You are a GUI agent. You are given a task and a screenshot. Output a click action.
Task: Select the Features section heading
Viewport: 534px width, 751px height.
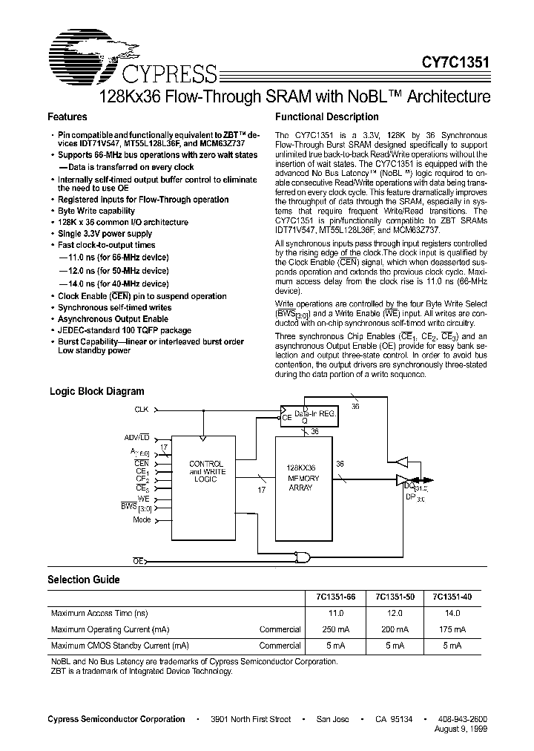point(67,117)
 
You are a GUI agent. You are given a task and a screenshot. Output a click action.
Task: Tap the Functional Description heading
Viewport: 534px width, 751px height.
point(327,117)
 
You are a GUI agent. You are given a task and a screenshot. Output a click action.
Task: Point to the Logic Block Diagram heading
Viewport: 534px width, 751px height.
point(96,391)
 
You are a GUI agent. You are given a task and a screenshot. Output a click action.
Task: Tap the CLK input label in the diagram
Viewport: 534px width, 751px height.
point(141,410)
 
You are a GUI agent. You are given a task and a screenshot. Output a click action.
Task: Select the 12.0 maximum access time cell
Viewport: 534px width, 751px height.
point(395,613)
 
